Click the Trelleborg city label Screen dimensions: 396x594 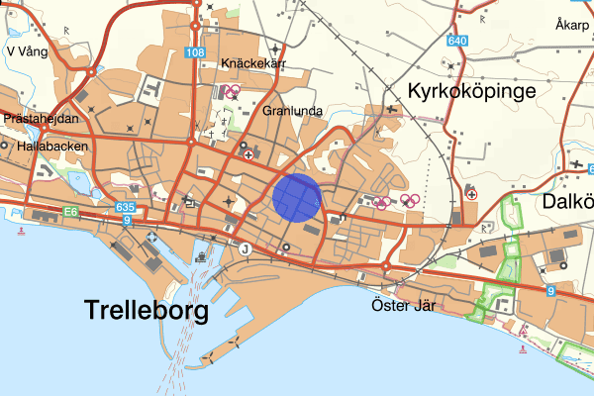pyautogui.click(x=148, y=310)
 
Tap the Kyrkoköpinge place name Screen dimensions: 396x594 pyautogui.click(x=471, y=91)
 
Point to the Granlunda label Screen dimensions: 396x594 pyautogui.click(x=293, y=111)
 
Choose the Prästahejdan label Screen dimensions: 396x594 pyautogui.click(x=42, y=117)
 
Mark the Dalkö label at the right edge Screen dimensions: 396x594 pyautogui.click(x=568, y=201)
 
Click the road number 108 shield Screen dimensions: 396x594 pyautogui.click(x=195, y=52)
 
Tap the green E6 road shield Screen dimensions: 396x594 pyautogui.click(x=71, y=211)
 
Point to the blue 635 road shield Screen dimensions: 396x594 pyautogui.click(x=124, y=207)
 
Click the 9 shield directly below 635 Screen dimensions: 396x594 pyautogui.click(x=127, y=220)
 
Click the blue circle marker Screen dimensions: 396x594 pyautogui.click(x=296, y=196)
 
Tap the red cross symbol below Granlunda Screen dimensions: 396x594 pyautogui.click(x=247, y=154)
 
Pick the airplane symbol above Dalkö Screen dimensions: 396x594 pyautogui.click(x=577, y=161)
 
